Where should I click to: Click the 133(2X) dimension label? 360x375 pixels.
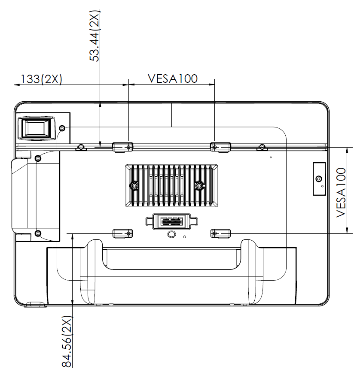[x=39, y=79]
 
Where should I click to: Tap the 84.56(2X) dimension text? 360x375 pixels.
[x=67, y=342]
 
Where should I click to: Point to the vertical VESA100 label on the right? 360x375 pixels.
[x=341, y=192]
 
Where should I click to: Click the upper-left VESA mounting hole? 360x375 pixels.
[x=128, y=147]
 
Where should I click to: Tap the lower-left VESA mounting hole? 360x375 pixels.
[x=128, y=233]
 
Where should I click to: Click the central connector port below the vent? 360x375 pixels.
[x=171, y=222]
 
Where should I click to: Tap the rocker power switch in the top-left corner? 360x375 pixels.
[x=37, y=128]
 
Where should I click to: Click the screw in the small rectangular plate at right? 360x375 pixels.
[x=318, y=178]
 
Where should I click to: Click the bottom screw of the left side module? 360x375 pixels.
[x=38, y=233]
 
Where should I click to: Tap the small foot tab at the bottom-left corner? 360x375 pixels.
[x=36, y=305]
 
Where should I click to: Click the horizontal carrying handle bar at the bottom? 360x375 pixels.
[x=172, y=257]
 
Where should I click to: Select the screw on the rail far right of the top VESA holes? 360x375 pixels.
[x=262, y=148]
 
